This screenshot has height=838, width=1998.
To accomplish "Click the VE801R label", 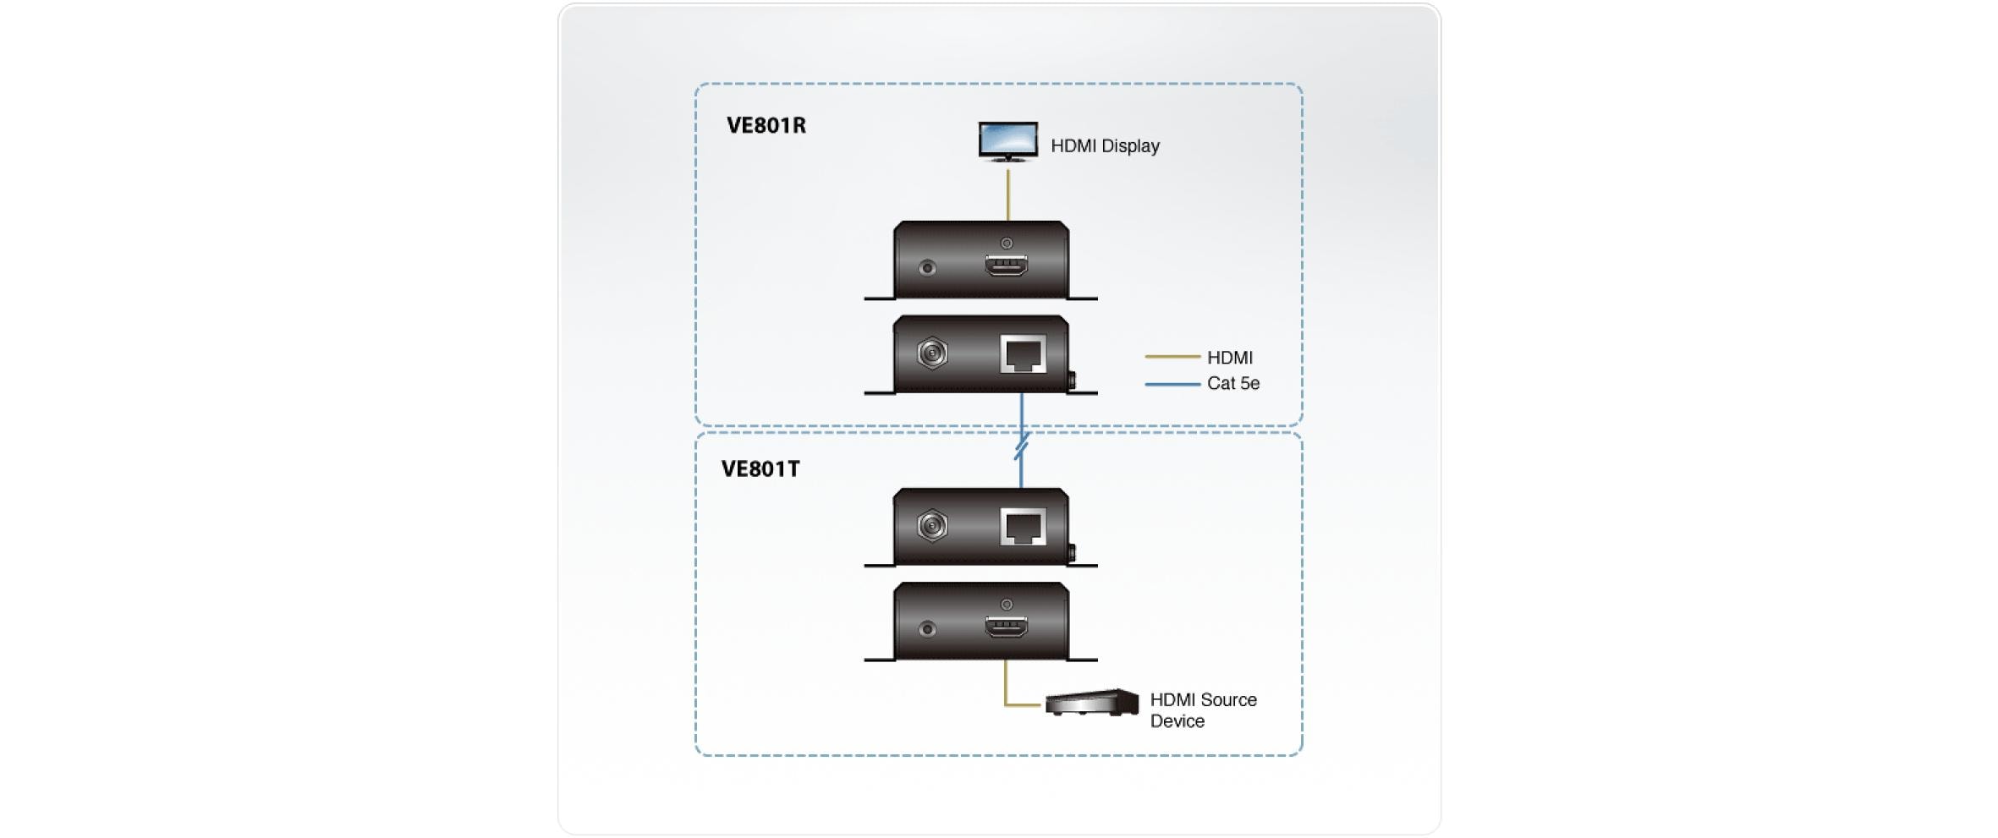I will (x=766, y=125).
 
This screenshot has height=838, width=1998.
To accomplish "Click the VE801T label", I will (x=760, y=468).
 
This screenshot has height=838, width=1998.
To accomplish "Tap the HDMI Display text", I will (x=1104, y=146).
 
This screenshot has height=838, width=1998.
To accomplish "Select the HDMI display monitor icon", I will (x=1007, y=140).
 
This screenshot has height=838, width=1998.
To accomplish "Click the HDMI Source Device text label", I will (x=1202, y=710).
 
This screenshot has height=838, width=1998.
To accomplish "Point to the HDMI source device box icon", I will (x=1091, y=703).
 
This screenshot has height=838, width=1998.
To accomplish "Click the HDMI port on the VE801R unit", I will (x=1006, y=266).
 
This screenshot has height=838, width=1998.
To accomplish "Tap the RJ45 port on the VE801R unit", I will (x=1023, y=353).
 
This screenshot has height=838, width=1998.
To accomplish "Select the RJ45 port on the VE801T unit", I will (x=1023, y=527).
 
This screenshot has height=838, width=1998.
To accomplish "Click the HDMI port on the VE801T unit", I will (x=1006, y=627).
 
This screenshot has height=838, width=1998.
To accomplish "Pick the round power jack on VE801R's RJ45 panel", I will (x=932, y=353).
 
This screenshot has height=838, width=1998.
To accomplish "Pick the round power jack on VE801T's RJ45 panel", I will (x=932, y=526).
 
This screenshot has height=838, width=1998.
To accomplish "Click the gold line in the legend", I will (x=1172, y=357).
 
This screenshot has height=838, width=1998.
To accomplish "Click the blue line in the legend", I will (x=1172, y=384).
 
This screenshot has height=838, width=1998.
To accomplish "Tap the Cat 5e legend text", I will (x=1232, y=384).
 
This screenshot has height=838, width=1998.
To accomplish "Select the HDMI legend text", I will (x=1229, y=358).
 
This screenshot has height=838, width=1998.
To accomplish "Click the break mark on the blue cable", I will (x=1021, y=446).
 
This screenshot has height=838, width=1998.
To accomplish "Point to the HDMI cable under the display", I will (x=1007, y=194).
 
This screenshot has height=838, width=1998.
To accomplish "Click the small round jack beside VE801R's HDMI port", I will (x=927, y=268).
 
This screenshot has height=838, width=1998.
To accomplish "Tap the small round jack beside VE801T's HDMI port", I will (x=927, y=629).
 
